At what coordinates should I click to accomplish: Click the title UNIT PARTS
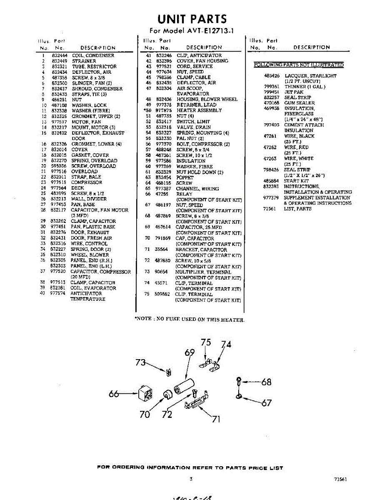coord(192,19)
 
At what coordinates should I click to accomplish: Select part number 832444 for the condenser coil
coord(60,55)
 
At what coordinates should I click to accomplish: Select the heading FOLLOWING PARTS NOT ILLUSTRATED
coord(299,65)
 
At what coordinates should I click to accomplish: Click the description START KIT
coord(296,181)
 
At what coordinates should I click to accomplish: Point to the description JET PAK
coord(294,92)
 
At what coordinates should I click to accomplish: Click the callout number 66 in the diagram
coord(115,393)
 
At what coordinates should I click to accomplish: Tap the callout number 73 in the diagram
coord(141,362)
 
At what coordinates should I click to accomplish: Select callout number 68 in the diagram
coord(266,382)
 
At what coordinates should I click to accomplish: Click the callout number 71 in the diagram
coord(216,419)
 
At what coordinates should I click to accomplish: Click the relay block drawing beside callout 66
coord(144,392)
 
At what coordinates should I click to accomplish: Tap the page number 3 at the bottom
coord(191,479)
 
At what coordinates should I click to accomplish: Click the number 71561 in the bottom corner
coord(340,480)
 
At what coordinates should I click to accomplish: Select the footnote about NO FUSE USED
coord(190,320)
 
